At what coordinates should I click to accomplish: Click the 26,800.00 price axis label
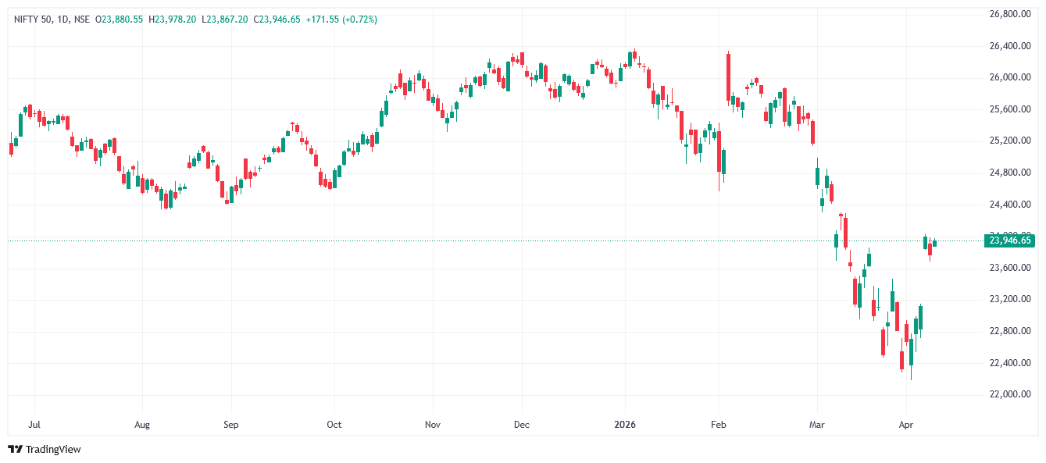(x=1010, y=14)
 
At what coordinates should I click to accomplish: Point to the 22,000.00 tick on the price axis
(x=1010, y=394)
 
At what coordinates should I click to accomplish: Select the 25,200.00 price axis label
(x=1010, y=141)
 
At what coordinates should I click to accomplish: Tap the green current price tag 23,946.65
(x=1010, y=240)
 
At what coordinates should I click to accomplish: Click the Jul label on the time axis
(x=34, y=426)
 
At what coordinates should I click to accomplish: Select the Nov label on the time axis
(x=433, y=426)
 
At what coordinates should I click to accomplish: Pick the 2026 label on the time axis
(x=625, y=426)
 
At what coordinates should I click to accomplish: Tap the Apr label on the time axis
(x=906, y=426)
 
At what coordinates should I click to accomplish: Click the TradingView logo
(x=45, y=449)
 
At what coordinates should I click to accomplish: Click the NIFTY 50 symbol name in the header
(x=31, y=20)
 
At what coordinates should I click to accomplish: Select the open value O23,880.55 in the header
(x=119, y=20)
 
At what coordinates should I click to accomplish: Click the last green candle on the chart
(x=934, y=243)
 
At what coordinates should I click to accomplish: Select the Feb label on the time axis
(x=719, y=426)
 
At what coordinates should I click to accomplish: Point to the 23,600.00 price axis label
(x=1010, y=268)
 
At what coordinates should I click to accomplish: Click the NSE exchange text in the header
(x=81, y=20)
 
